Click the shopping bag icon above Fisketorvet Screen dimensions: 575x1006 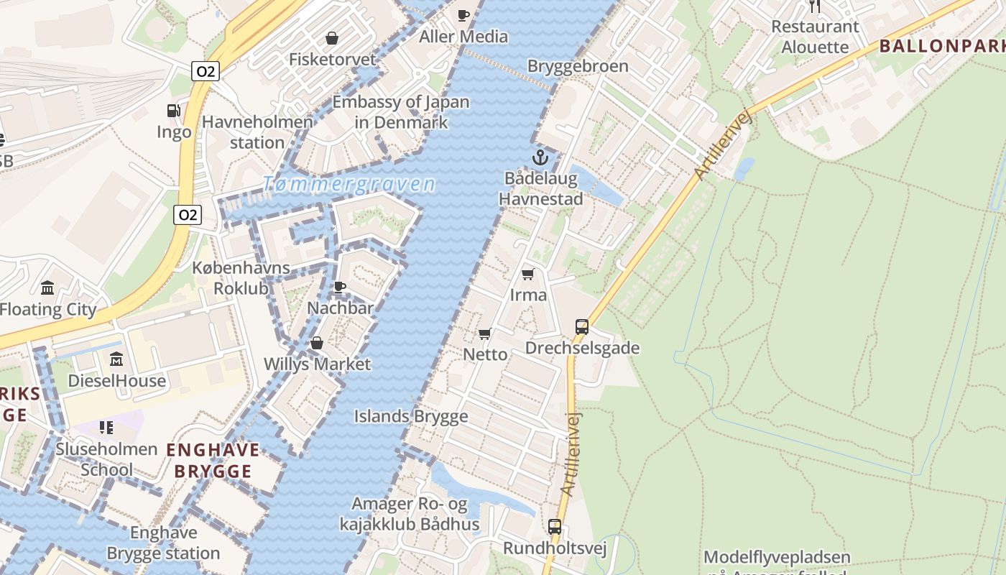[332, 38]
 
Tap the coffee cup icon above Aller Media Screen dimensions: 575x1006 [463, 15]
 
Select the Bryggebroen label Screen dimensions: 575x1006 [578, 66]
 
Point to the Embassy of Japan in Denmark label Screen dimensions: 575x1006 [401, 112]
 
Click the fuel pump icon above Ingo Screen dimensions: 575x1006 [174, 111]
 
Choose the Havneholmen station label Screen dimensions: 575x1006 [257, 132]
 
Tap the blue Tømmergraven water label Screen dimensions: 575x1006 [349, 184]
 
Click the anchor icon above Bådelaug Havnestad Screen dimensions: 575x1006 [540, 157]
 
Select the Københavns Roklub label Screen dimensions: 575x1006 [241, 278]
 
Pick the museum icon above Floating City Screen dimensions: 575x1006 [47, 288]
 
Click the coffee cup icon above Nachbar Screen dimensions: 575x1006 [340, 287]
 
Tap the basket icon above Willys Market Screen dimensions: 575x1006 [316, 344]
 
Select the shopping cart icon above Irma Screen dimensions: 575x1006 [528, 274]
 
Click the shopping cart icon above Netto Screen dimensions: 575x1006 [485, 333]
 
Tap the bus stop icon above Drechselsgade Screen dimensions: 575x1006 [582, 327]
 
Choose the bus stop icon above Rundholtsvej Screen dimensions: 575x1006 [555, 527]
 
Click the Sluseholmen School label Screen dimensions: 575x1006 [106, 460]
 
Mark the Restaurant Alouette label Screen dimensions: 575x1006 [815, 37]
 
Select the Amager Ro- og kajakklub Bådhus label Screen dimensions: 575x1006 [410, 514]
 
